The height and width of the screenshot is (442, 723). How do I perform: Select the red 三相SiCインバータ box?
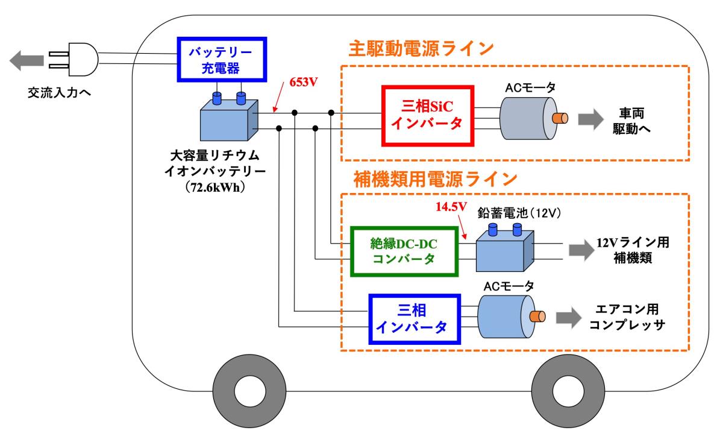428,116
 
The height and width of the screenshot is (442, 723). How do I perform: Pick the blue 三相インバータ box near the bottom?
412,318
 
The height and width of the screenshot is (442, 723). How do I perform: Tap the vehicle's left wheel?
245,393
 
